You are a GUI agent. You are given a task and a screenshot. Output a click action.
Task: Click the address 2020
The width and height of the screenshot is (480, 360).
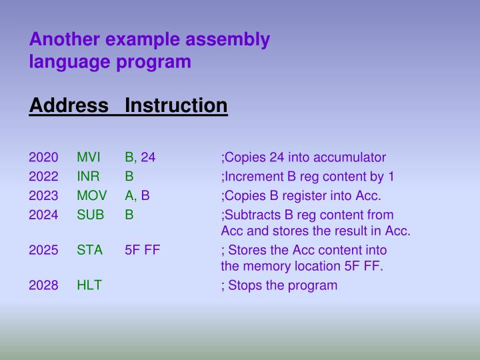pos(43,158)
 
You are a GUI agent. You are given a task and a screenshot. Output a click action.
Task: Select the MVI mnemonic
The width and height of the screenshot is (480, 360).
pos(88,158)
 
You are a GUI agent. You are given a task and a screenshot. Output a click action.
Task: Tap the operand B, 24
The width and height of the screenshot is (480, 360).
pos(140,158)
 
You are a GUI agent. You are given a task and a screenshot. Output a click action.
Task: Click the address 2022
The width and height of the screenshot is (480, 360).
pos(43,177)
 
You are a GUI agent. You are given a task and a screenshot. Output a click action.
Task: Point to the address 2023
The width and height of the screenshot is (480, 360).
pos(43,196)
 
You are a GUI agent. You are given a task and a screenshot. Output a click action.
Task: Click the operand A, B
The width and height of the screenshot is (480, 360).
pos(137,196)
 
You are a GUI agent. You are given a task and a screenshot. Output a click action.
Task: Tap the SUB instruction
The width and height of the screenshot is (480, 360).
pos(89,215)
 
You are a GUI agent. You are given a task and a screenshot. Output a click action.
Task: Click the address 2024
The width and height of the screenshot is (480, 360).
pos(43,215)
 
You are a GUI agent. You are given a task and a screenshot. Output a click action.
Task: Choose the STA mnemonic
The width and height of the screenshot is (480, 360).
pos(89,250)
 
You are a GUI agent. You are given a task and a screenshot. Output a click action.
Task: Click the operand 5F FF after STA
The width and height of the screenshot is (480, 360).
pos(142,250)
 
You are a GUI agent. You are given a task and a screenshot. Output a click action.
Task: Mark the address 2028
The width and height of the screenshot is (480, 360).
pos(43,285)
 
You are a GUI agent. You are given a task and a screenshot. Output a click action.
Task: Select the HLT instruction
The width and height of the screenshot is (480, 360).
pos(89,285)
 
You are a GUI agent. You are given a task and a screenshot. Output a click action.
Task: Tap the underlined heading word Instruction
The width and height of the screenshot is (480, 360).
pos(176,105)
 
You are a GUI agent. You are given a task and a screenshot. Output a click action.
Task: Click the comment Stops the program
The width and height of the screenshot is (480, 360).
pos(283,285)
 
